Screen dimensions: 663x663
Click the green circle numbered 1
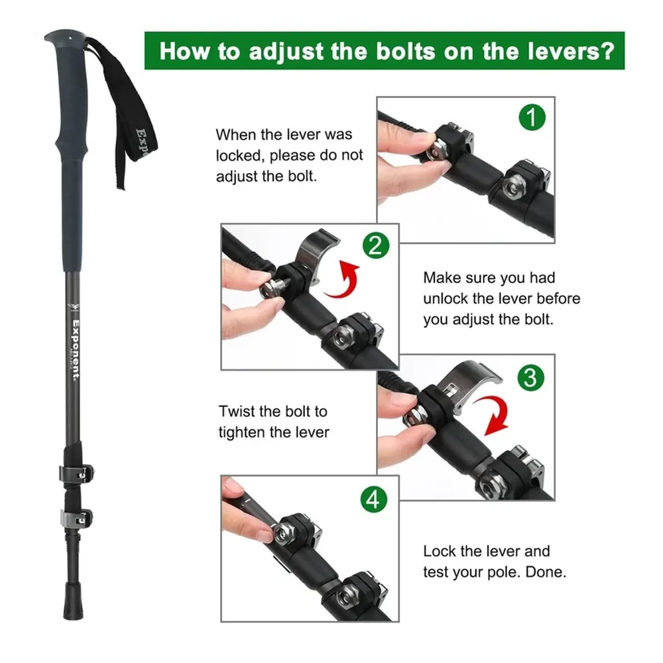(532, 117)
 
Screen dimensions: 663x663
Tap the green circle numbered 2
(376, 245)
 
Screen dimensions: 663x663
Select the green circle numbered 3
(530, 378)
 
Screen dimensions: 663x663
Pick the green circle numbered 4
(374, 499)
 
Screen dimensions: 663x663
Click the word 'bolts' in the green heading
(406, 52)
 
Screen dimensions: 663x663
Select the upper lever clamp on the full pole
(76, 473)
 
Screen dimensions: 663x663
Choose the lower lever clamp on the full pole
(76, 518)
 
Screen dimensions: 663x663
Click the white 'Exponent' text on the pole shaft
(76, 350)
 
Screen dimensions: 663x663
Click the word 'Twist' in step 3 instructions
(237, 412)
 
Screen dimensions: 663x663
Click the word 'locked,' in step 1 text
(240, 156)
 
